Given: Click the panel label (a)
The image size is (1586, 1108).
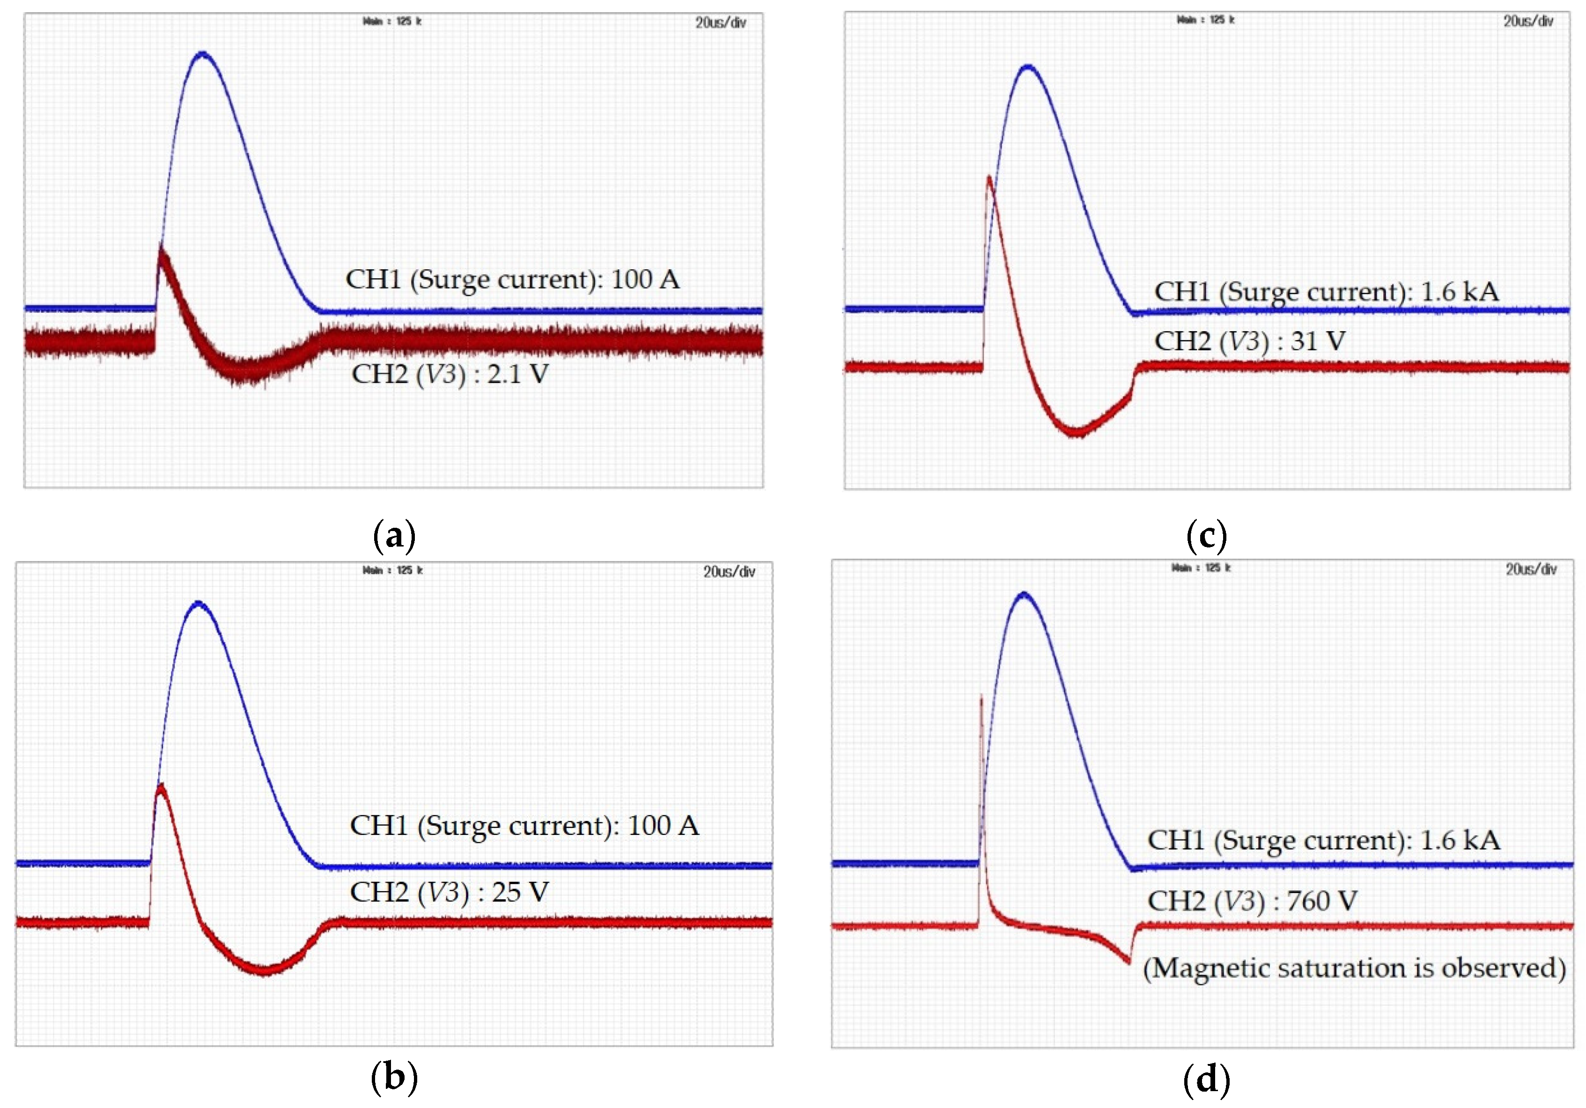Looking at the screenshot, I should [394, 536].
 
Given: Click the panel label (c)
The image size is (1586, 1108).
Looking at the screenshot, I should [1206, 536].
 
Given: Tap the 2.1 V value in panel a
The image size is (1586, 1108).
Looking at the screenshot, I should [518, 374].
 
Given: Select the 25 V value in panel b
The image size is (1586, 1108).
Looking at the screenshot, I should [520, 893].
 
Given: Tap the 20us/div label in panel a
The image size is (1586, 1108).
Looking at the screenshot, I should [721, 23].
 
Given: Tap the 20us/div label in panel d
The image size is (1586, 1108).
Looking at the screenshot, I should [1531, 569].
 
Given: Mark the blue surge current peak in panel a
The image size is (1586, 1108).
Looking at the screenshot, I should [202, 53].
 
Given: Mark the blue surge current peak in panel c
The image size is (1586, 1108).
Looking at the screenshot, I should [1029, 67].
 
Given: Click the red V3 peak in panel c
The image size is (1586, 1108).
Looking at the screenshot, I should [989, 178].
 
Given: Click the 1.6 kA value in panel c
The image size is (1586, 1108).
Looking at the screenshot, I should [1460, 291].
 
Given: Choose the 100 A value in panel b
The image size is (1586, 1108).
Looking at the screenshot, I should [663, 826].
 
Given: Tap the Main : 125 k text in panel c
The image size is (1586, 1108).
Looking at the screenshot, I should [1205, 20].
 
